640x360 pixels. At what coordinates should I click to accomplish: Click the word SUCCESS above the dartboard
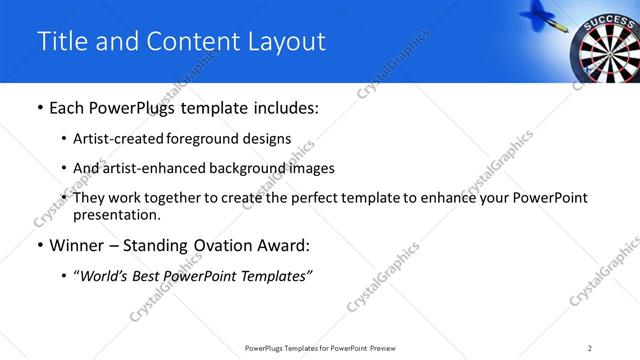605,19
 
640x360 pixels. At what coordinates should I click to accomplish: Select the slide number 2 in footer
590,347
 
